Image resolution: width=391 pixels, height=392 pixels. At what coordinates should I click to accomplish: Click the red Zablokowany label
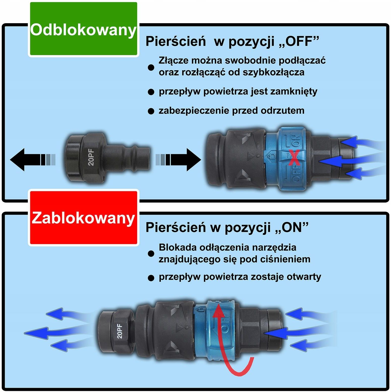point(83,218)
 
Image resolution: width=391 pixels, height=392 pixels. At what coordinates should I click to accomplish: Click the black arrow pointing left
point(33,160)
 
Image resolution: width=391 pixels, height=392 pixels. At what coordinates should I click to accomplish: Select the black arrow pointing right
point(178,160)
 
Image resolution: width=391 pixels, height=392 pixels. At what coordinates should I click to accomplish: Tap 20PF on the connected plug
point(119,331)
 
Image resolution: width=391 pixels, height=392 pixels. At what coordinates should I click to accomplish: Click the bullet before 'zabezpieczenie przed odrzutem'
point(151,112)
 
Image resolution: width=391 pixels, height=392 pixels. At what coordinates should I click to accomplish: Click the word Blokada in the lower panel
point(177,247)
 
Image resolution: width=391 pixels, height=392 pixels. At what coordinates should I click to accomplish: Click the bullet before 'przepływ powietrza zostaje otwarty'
point(151,278)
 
